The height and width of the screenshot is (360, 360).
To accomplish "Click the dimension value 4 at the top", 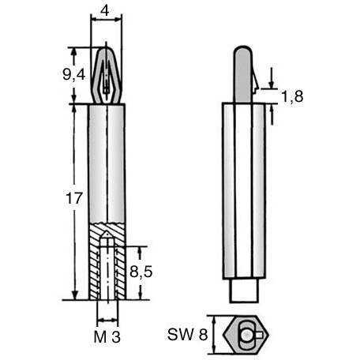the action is (105, 11).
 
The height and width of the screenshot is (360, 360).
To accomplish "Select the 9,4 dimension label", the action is (74, 75).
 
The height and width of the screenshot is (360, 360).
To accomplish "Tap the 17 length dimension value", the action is (74, 198).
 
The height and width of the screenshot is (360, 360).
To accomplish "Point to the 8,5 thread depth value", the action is (141, 272).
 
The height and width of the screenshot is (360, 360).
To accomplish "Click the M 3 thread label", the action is (107, 336).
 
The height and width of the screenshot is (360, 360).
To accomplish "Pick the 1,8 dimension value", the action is (292, 96).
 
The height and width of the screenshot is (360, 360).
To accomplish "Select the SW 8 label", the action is (187, 335).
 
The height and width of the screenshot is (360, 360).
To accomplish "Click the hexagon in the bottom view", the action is (246, 334).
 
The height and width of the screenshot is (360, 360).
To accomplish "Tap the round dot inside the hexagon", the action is (246, 335).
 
